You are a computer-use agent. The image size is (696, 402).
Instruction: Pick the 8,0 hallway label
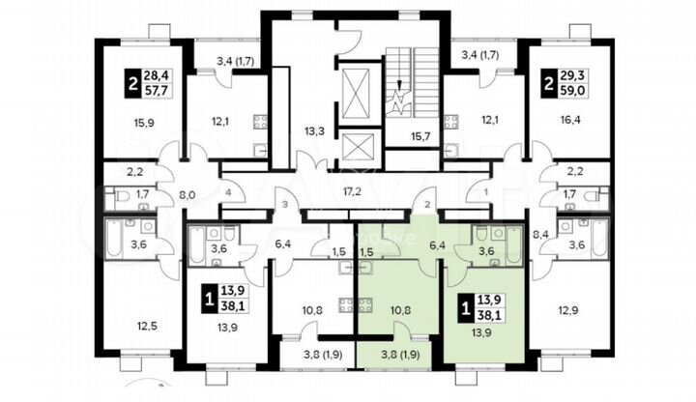point(188,193)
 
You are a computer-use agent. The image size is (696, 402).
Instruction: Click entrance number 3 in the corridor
point(286,204)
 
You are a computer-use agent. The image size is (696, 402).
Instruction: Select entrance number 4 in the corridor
point(228,193)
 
